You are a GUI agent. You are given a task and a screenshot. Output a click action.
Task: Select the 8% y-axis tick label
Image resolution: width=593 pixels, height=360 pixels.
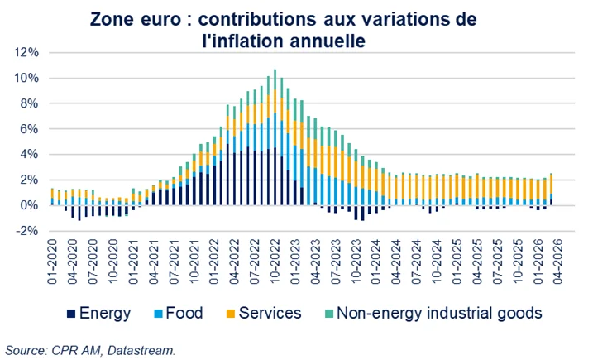[x=27, y=103]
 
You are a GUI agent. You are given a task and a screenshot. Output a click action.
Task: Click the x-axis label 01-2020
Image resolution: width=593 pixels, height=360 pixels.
[x=51, y=262]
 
